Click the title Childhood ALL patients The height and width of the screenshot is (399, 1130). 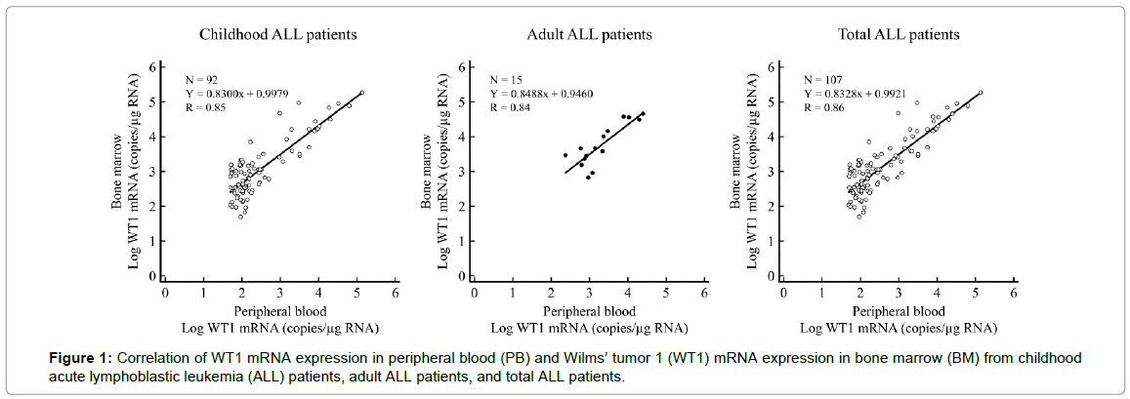coord(278,35)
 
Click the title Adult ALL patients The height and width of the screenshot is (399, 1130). coord(589,35)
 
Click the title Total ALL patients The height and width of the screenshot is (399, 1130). coord(899,35)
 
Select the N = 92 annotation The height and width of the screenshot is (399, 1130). coord(203,78)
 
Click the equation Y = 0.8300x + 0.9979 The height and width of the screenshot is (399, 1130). coord(238,93)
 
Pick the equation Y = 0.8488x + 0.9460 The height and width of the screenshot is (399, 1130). coord(542,93)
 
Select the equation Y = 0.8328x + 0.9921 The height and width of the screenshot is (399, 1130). coord(856,93)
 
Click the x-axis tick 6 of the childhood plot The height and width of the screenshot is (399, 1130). coord(396,292)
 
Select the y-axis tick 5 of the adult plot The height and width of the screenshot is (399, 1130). coord(458,101)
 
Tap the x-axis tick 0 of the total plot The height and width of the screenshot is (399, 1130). coord(783,292)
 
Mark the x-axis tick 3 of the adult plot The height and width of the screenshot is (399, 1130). coord(588,292)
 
